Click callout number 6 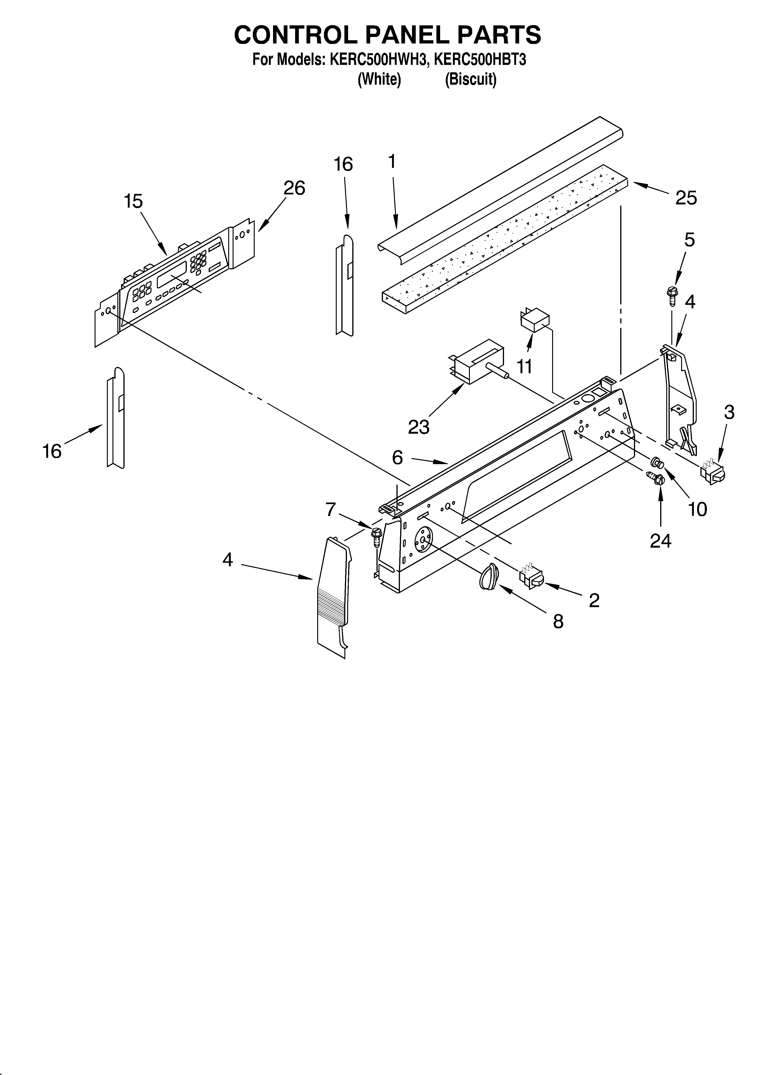pos(397,457)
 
